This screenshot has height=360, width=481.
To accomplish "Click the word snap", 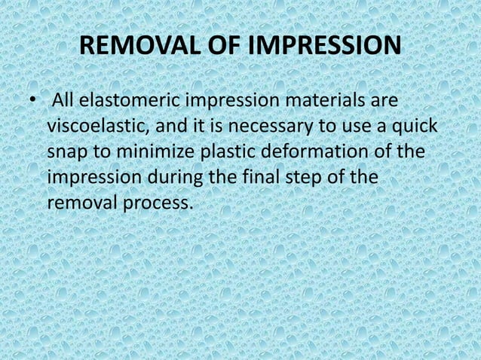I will click(x=67, y=154).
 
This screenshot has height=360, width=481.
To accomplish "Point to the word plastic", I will click(x=227, y=154).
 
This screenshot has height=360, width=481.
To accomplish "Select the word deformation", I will click(x=319, y=154).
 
